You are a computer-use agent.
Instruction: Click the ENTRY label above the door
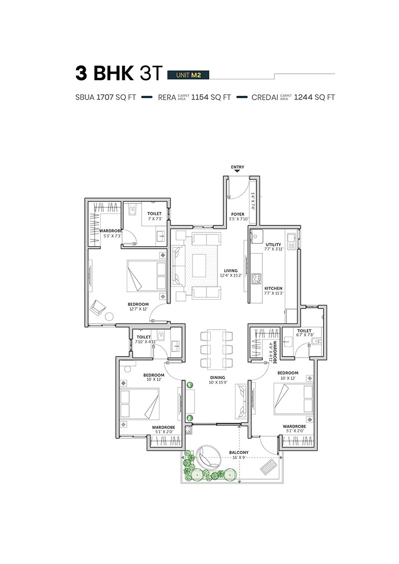(237, 167)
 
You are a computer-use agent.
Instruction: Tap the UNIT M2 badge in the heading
(188, 75)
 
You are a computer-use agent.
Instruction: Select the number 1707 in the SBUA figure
(105, 97)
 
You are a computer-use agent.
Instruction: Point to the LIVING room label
(230, 270)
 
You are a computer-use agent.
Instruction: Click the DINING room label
(217, 377)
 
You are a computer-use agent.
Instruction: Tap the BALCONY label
(239, 452)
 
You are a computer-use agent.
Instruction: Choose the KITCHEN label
(273, 288)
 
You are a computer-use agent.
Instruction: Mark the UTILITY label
(273, 244)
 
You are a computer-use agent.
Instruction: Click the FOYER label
(238, 214)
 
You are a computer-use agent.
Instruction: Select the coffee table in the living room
(199, 265)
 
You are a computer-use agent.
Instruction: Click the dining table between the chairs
(216, 349)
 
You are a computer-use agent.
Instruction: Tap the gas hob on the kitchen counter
(256, 279)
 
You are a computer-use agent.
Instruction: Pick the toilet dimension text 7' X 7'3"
(155, 219)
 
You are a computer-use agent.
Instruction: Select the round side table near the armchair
(109, 317)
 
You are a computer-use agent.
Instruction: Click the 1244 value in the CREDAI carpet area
(303, 97)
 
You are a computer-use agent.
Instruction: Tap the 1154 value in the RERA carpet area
(200, 97)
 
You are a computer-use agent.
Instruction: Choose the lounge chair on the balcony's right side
(268, 467)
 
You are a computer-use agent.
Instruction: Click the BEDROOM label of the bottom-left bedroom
(154, 375)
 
